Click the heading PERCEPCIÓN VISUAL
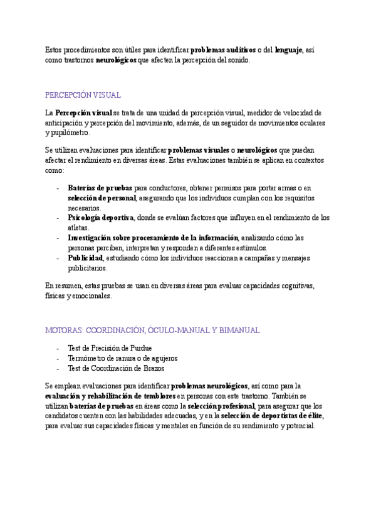(x=83, y=95)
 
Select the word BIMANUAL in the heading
(x=238, y=330)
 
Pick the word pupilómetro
(x=69, y=133)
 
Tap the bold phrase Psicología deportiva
(x=100, y=218)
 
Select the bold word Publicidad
(x=85, y=258)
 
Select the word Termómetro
(x=88, y=358)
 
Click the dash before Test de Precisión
(x=58, y=348)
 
